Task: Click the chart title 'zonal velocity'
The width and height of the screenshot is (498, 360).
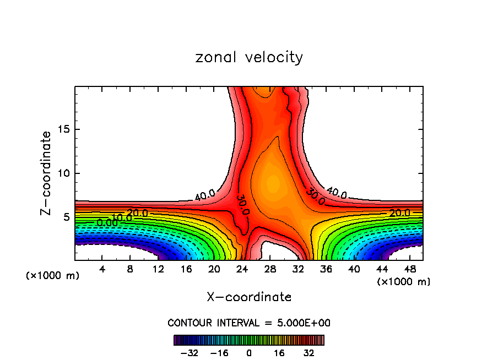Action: (249, 57)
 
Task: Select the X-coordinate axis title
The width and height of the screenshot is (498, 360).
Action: (249, 297)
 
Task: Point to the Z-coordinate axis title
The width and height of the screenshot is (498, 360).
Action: (48, 173)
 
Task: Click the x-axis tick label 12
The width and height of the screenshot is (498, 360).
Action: (158, 269)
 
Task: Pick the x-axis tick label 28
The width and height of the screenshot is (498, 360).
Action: (270, 269)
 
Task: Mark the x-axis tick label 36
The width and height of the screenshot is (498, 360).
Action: (326, 269)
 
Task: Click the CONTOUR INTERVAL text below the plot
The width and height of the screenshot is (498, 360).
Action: (249, 323)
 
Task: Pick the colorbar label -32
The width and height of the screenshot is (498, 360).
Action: (189, 353)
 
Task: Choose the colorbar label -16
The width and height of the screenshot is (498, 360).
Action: (219, 353)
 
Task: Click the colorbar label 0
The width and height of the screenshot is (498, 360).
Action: (249, 353)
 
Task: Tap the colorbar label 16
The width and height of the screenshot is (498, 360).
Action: (279, 353)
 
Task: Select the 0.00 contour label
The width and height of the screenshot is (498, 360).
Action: (107, 222)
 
